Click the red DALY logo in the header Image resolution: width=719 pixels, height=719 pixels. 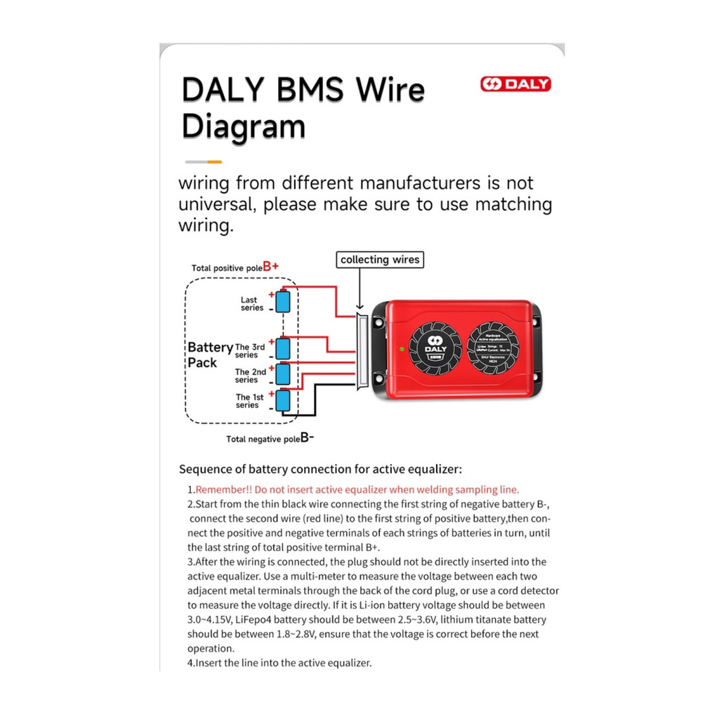(x=515, y=84)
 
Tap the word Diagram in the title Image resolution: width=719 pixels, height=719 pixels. (x=244, y=127)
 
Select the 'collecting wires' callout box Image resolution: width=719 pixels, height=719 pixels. (x=380, y=260)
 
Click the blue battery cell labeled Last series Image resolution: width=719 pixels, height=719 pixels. (x=282, y=302)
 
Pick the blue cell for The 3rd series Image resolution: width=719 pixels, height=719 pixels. (x=282, y=348)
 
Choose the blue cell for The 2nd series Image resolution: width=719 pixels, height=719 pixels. (x=282, y=373)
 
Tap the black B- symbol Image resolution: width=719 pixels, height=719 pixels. (x=307, y=438)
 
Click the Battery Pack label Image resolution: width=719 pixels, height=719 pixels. (x=209, y=355)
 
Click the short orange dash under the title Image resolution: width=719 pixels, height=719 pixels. (x=213, y=161)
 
